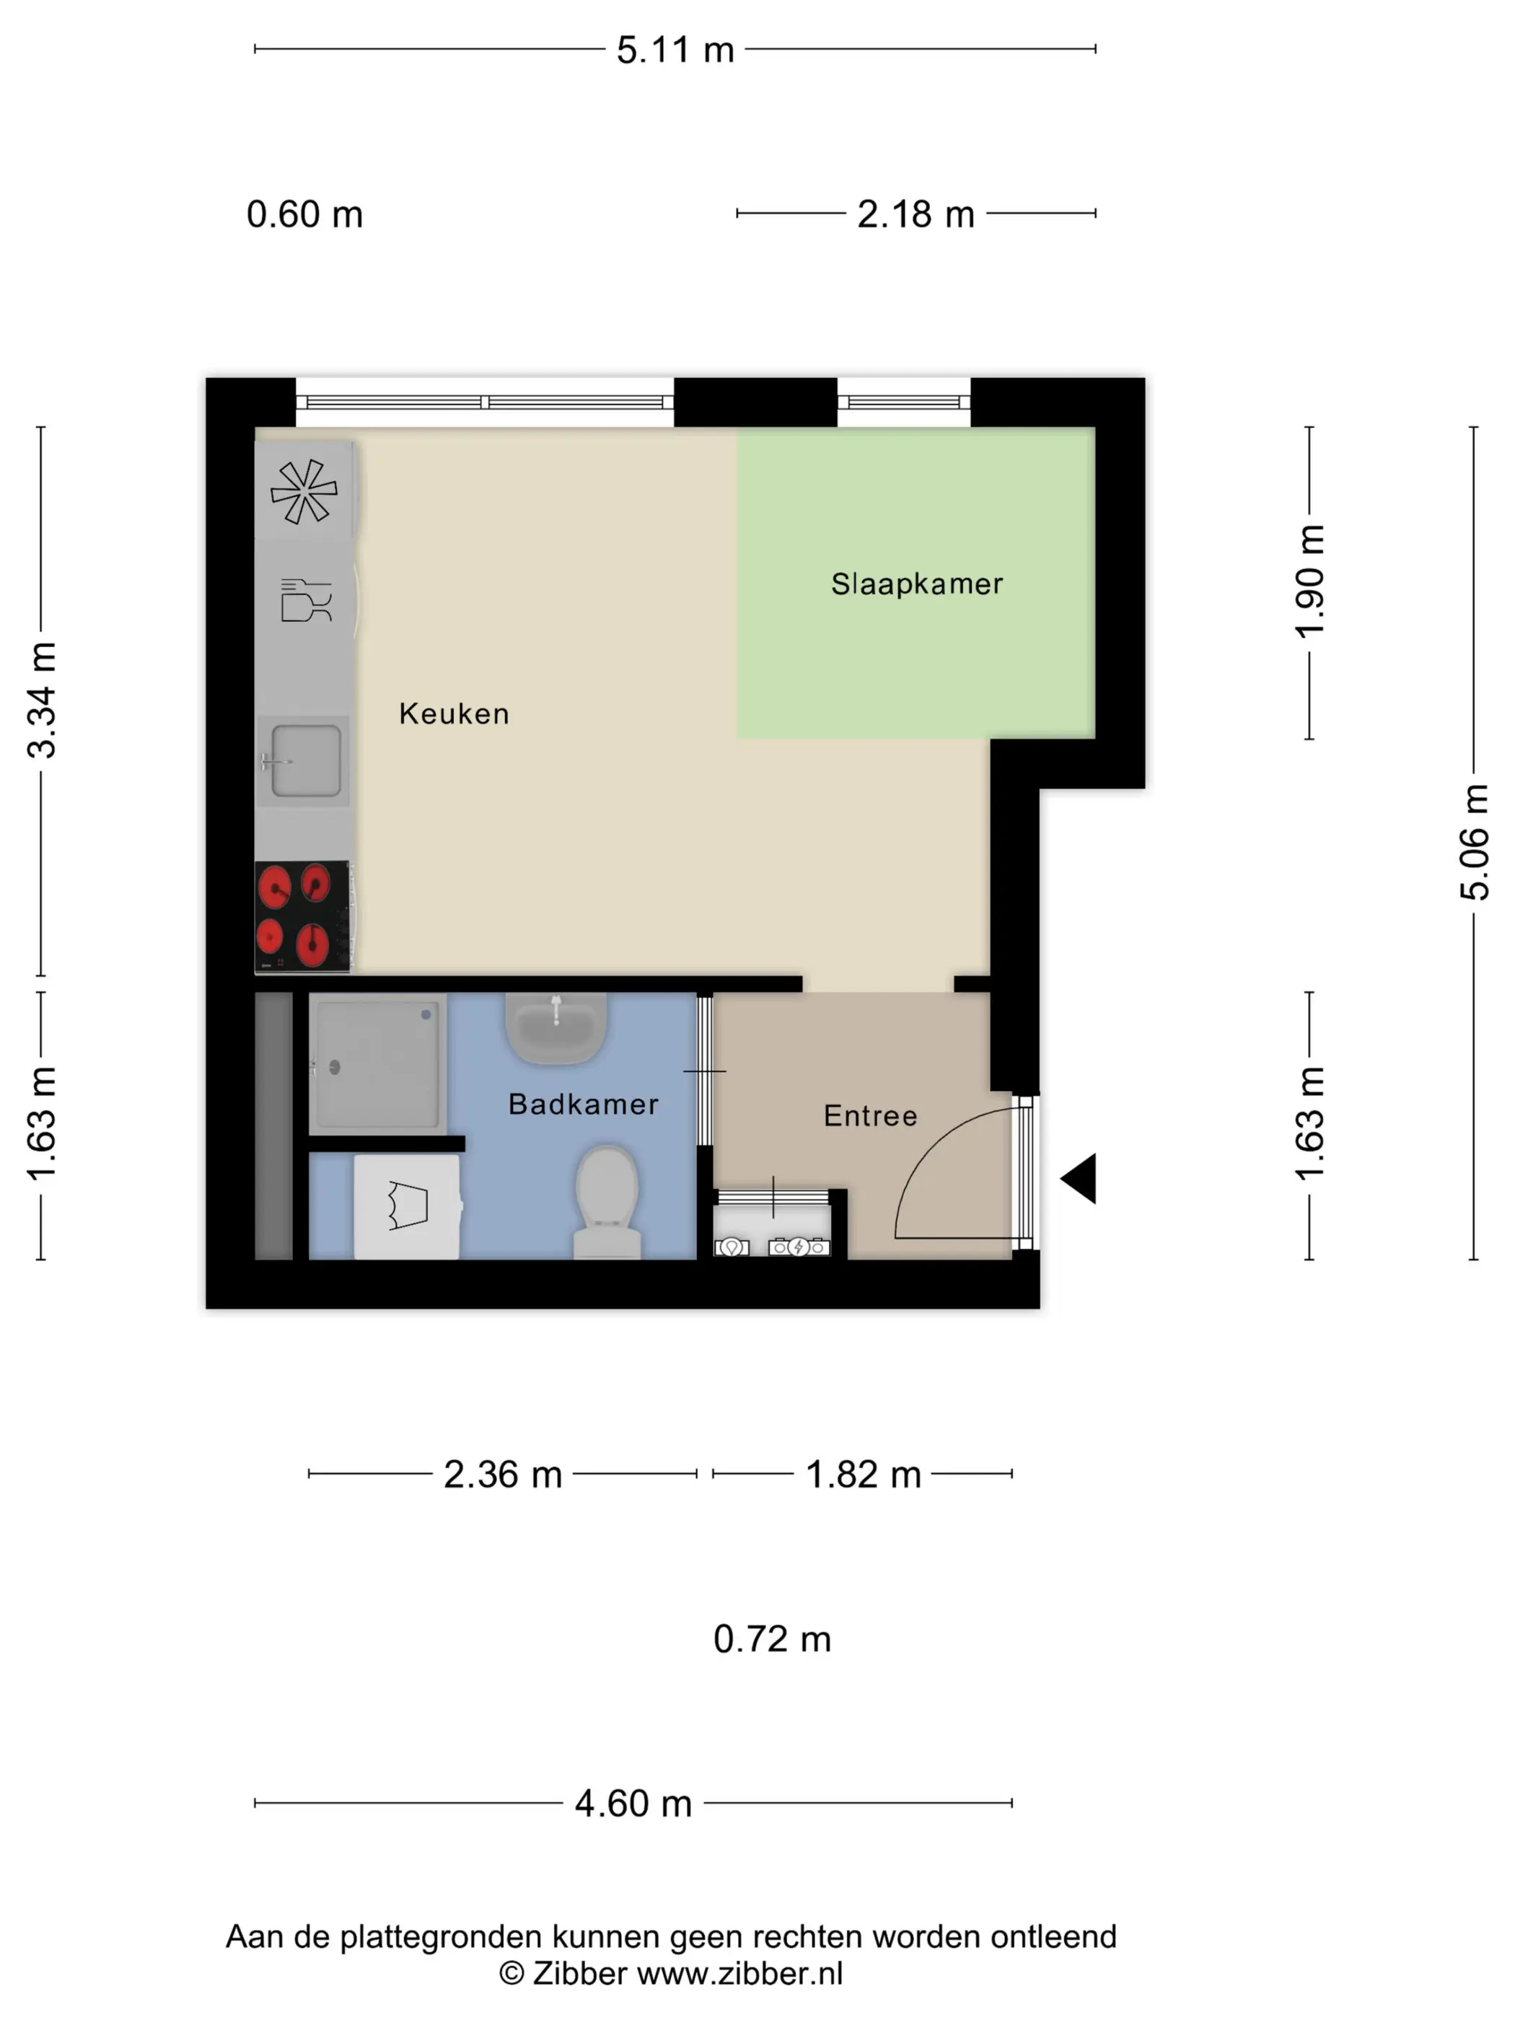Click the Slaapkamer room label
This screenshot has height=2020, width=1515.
coord(916,584)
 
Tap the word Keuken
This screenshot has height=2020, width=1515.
coord(454,713)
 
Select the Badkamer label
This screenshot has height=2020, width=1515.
coord(583,1104)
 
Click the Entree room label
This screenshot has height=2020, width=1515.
coord(869,1116)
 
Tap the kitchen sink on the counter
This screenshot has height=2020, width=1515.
coord(305,760)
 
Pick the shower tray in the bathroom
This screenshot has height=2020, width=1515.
coord(377,1064)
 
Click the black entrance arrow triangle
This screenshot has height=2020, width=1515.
coord(1080,1178)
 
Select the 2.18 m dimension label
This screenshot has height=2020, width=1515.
coord(915,214)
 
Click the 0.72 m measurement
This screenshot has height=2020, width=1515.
coord(772,1639)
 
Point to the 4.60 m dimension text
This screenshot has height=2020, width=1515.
coord(633,1804)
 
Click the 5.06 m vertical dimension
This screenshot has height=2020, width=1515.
coord(1473,842)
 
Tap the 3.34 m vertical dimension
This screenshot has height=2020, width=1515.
coord(42,701)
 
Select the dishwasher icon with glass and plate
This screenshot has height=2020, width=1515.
coord(306,600)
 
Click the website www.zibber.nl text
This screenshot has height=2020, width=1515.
coord(739,1973)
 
